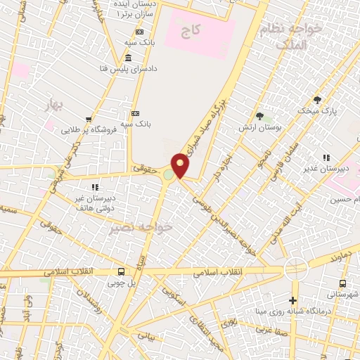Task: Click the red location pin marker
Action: (x=181, y=165)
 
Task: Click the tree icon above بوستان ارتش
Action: (x=259, y=116)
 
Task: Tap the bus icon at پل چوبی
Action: (x=122, y=272)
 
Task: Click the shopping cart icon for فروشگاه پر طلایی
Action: (x=88, y=120)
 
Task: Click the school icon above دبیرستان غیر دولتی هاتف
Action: (x=95, y=187)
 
